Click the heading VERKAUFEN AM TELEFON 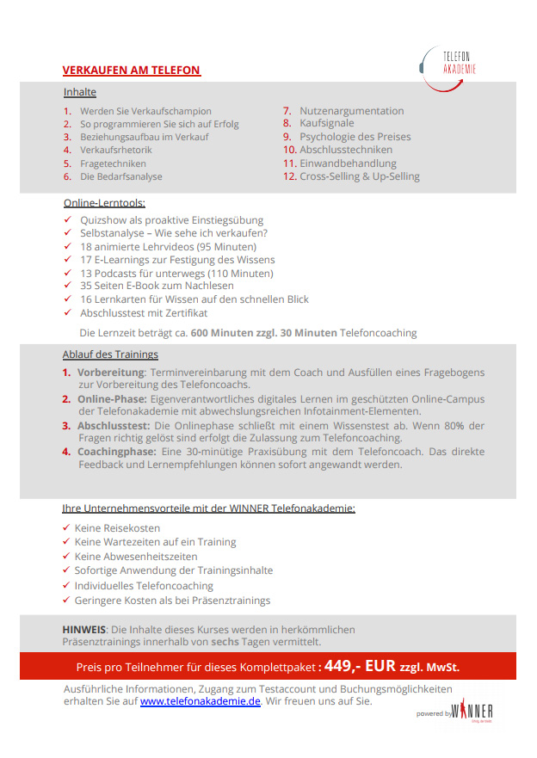click(x=132, y=71)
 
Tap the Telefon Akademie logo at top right click(x=449, y=63)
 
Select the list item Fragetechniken click(x=113, y=163)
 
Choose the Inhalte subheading click(x=80, y=92)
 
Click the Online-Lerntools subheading click(x=104, y=203)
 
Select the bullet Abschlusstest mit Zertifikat click(x=144, y=313)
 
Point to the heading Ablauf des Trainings click(x=110, y=354)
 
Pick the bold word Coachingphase click(x=116, y=452)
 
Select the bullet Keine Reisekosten click(x=117, y=528)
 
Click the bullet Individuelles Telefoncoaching click(x=144, y=585)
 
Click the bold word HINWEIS click(x=83, y=630)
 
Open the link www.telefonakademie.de click(x=200, y=701)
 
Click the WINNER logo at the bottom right click(x=473, y=711)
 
